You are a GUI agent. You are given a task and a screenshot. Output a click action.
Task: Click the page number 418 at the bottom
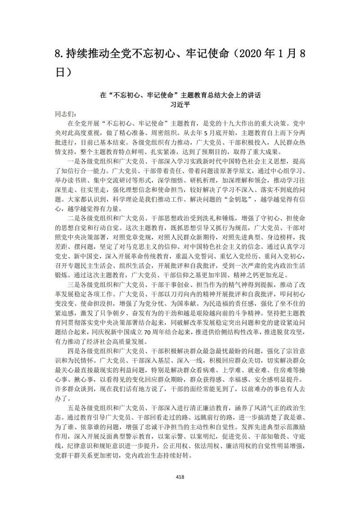coord(180,477)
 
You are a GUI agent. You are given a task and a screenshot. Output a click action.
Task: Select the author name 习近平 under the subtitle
coord(180,104)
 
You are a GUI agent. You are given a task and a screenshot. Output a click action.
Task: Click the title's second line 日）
coord(64,72)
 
